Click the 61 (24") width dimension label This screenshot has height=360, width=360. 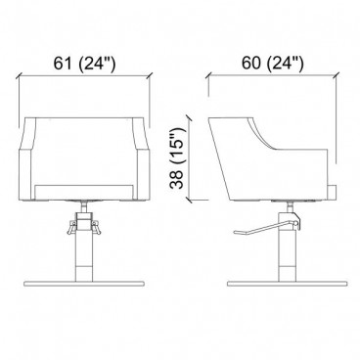84,63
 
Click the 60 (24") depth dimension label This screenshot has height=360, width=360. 272,63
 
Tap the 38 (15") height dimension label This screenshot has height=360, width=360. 178,158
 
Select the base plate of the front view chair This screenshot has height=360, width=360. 84,284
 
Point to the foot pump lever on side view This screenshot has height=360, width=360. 264,228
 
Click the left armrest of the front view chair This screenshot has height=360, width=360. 26,158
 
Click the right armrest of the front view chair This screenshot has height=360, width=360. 142,158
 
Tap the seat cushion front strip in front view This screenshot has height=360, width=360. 84,192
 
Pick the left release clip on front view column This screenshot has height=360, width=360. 71,227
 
